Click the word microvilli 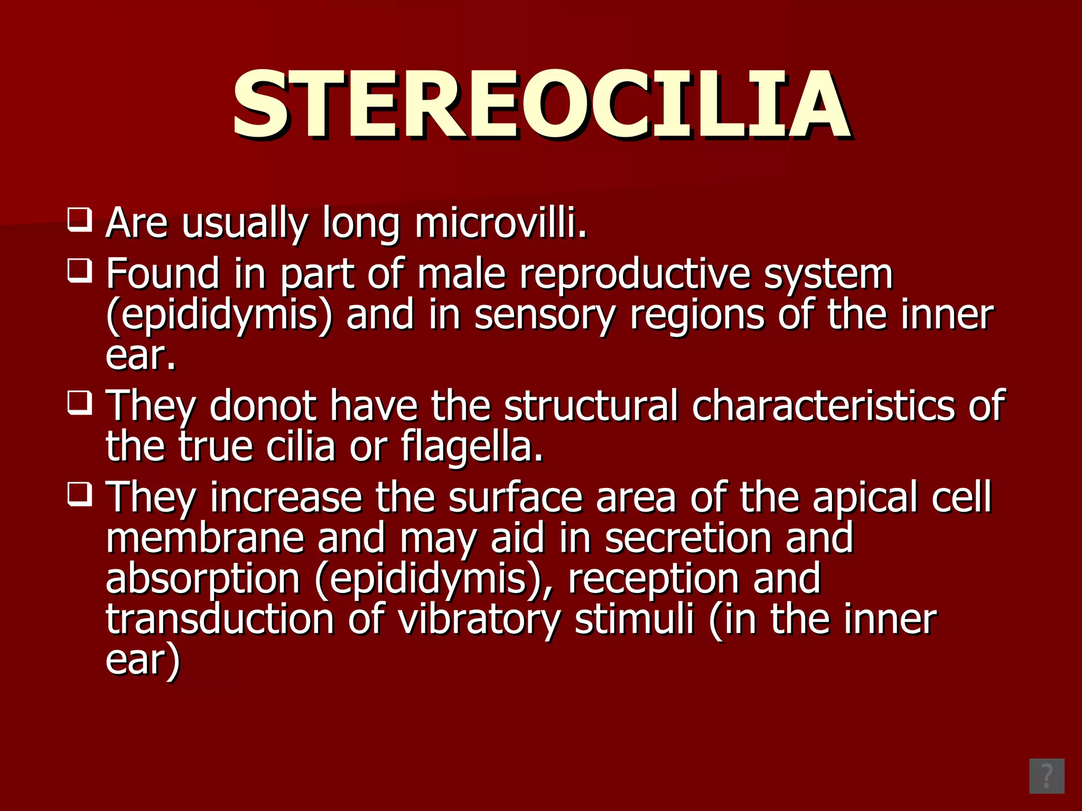[x=500, y=223]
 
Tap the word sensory [x=545, y=315]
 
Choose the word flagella [x=472, y=446]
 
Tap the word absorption [x=203, y=579]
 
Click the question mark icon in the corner [x=1046, y=776]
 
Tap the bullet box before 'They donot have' [x=80, y=402]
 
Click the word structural [x=590, y=405]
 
